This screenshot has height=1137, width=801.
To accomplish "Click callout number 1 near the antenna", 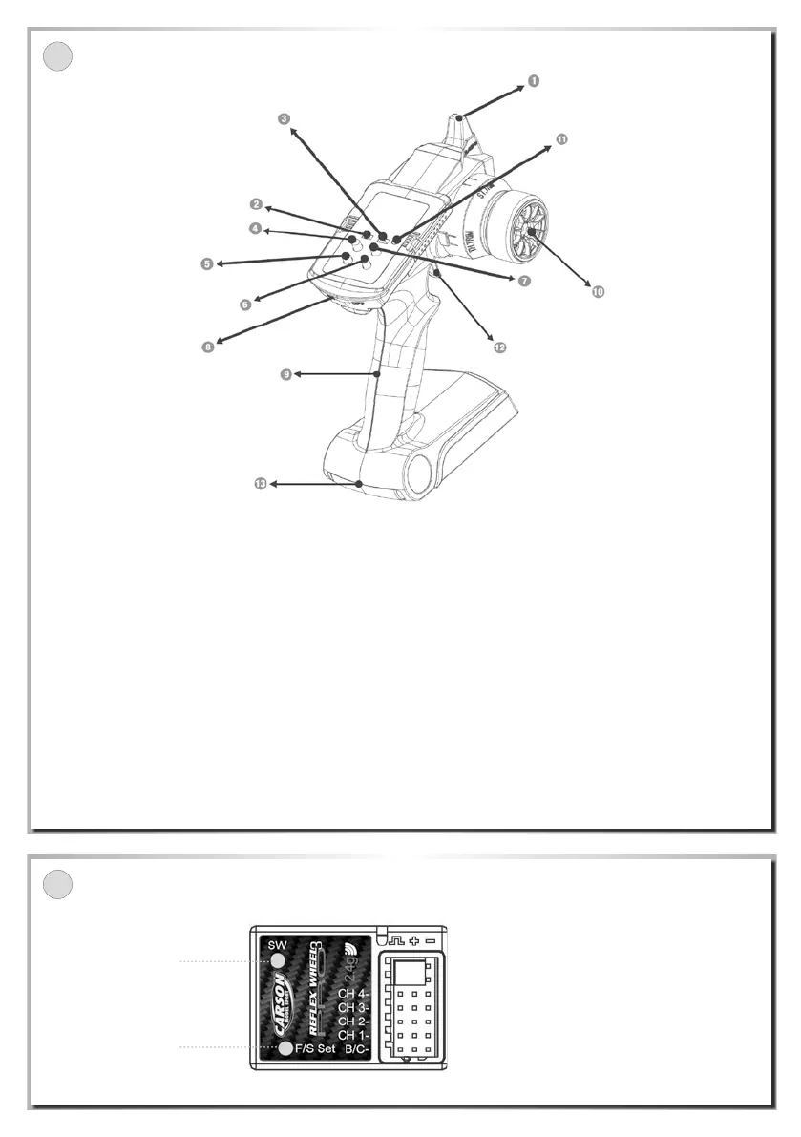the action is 534,81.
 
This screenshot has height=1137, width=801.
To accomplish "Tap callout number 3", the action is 285,120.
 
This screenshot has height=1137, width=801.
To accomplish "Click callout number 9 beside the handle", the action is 285,375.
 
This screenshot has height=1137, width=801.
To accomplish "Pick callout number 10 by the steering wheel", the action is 599,292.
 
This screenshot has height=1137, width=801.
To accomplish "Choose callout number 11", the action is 561,139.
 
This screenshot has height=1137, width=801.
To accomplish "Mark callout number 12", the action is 499,347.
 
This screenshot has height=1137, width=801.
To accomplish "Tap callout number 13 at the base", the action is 260,485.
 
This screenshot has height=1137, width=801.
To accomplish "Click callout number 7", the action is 524,281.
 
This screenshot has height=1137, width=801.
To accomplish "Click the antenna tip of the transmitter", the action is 459,118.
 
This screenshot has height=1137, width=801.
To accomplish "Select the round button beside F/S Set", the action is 285,1049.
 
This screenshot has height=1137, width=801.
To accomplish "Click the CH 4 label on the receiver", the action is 354,994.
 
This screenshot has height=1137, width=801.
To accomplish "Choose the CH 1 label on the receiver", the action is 354,1035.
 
